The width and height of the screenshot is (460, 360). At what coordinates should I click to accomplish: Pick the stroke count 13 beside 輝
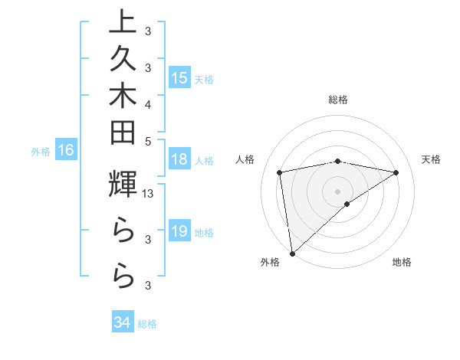click(149, 195)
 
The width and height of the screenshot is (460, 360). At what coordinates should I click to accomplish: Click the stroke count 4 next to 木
click(147, 104)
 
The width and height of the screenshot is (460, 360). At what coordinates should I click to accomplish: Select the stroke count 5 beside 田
click(147, 141)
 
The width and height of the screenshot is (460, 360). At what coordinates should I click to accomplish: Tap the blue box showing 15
click(179, 78)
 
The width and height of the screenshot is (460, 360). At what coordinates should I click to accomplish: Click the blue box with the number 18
click(179, 160)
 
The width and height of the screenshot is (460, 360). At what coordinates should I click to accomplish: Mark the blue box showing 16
click(66, 151)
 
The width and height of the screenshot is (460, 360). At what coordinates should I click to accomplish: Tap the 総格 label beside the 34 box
click(147, 324)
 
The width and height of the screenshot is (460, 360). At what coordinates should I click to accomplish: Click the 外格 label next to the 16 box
click(41, 152)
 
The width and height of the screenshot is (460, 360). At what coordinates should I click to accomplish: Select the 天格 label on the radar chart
click(432, 159)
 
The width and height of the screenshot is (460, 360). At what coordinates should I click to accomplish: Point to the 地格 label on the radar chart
click(402, 262)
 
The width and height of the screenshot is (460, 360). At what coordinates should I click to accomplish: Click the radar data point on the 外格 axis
click(292, 253)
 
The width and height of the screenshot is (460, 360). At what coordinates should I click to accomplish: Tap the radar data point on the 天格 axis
click(396, 172)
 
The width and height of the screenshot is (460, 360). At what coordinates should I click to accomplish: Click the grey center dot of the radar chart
click(337, 191)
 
